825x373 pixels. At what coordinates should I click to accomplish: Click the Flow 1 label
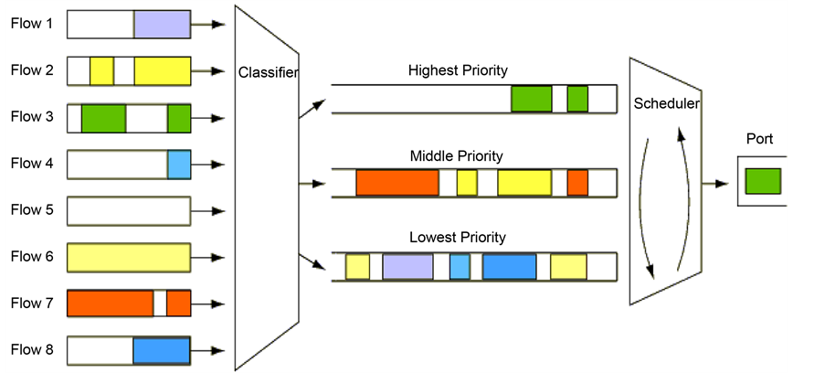[x=32, y=24]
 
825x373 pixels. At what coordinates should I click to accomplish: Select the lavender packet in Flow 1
[x=162, y=24]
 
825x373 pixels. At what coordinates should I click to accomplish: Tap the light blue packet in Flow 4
[x=178, y=165]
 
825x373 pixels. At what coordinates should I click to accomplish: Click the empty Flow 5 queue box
[x=129, y=211]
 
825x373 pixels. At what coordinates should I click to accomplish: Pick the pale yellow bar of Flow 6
[x=129, y=258]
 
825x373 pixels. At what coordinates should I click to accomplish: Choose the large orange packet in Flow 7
[x=110, y=304]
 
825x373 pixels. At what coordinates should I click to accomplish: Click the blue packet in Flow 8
[x=161, y=350]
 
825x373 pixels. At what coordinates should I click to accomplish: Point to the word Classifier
[x=268, y=72]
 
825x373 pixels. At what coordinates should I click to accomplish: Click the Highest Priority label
[x=458, y=70]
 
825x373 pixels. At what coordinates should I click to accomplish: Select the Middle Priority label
[x=457, y=156]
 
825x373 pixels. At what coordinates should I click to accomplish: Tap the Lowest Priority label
[x=457, y=238]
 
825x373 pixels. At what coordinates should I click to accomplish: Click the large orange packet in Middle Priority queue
[x=397, y=183]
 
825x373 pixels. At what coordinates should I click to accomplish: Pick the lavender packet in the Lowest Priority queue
[x=407, y=266]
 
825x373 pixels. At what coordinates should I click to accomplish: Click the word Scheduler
[x=667, y=104]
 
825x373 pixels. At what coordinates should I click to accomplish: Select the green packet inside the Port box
[x=762, y=181]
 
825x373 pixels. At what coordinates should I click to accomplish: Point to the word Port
[x=759, y=140]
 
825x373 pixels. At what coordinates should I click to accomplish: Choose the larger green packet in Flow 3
[x=103, y=118]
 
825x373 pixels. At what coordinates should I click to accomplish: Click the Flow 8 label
[x=32, y=350]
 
